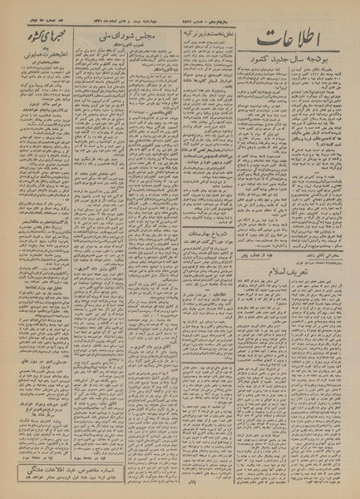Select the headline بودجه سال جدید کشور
pos(293,67)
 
